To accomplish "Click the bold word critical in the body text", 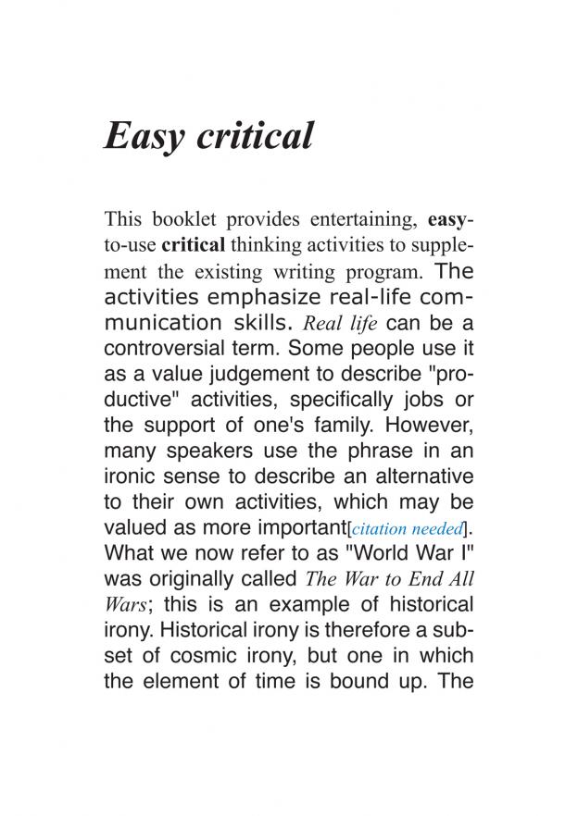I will [x=193, y=246].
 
